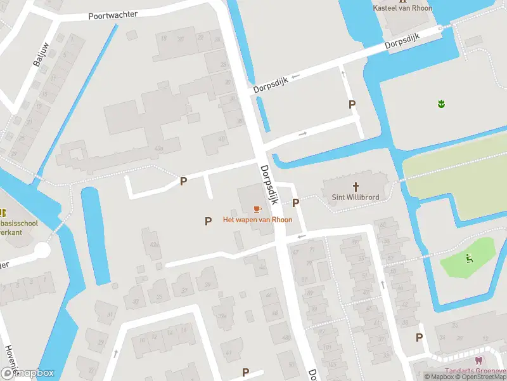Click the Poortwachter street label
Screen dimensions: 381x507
pyautogui.click(x=113, y=15)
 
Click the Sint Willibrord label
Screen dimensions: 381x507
pyautogui.click(x=356, y=197)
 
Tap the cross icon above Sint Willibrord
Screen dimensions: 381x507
pyautogui.click(x=356, y=187)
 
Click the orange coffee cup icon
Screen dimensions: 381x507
pyautogui.click(x=257, y=209)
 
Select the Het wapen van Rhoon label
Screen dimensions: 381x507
pyautogui.click(x=257, y=220)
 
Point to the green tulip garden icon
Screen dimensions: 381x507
pyautogui.click(x=441, y=103)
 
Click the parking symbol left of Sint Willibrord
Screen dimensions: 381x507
pyautogui.click(x=295, y=203)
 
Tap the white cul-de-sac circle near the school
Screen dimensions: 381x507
pyautogui.click(x=42, y=250)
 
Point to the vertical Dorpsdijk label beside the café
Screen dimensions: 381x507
pyautogui.click(x=270, y=184)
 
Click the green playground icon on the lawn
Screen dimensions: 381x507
pyautogui.click(x=468, y=258)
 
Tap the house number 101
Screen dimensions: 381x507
pyautogui.click(x=328, y=347)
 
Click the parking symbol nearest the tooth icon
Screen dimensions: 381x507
pyautogui.click(x=419, y=338)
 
